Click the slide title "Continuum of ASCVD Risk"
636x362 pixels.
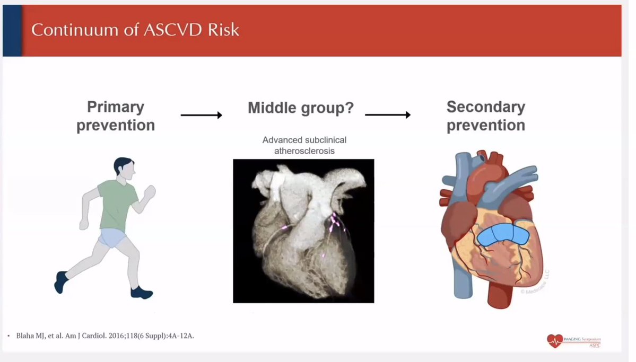[x=135, y=30]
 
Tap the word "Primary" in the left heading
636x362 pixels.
[x=116, y=107]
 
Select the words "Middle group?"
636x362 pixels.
[x=301, y=108]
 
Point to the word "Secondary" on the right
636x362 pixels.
[x=485, y=107]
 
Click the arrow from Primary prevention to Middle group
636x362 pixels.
[x=201, y=114]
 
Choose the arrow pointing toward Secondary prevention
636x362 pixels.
[x=388, y=114]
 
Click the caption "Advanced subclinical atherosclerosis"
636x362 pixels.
[x=304, y=145]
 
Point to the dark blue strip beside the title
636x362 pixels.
[x=12, y=30]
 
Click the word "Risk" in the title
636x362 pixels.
[x=225, y=30]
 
